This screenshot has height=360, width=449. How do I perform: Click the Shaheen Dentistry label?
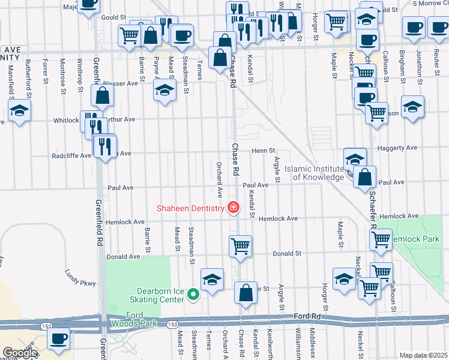190,208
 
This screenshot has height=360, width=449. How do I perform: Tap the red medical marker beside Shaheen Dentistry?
233,208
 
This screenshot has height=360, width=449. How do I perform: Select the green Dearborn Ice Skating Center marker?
193,294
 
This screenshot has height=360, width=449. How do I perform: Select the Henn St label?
263,151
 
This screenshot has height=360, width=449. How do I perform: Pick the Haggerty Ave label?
397,148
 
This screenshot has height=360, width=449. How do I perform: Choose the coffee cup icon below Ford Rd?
59,338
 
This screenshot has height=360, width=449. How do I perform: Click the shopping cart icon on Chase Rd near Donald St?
240,245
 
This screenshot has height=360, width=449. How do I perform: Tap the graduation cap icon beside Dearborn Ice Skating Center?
212,280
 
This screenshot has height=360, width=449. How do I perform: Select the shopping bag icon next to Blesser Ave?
103,95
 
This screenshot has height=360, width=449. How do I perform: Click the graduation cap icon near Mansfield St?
19,110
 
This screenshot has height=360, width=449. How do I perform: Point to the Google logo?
19,353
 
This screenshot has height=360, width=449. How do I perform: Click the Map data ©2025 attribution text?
423,355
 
